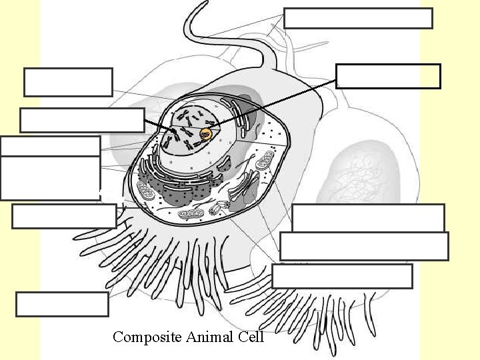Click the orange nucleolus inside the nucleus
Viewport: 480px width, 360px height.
coord(206,135)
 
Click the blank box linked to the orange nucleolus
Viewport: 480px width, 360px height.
coord(388,76)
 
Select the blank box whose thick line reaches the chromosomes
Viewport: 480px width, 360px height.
coord(82,120)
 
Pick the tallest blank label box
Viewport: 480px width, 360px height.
coord(50,177)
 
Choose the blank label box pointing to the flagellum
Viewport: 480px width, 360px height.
coord(358,18)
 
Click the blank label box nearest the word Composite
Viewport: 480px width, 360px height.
coord(62,304)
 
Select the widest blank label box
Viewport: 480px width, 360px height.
coord(364,246)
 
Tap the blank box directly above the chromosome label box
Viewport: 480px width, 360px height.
coord(68,82)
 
